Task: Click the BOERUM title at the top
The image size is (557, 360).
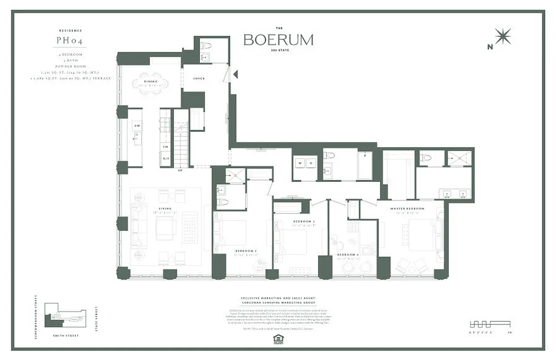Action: click(x=278, y=40)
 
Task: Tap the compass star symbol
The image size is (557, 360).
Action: click(x=503, y=36)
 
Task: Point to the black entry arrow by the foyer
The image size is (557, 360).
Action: click(x=235, y=74)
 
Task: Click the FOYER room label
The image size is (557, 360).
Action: click(x=199, y=79)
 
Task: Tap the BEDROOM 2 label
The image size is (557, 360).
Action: click(x=245, y=251)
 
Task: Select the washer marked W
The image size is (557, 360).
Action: click(x=300, y=163)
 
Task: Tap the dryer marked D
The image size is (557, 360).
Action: click(x=311, y=163)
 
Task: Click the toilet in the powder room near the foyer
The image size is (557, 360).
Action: click(x=206, y=45)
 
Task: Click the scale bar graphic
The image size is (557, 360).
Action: click(x=490, y=324)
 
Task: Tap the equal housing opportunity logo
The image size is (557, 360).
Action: click(x=278, y=339)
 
